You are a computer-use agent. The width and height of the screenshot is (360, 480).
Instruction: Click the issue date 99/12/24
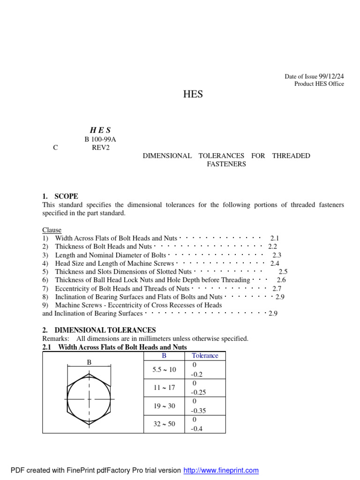coord(332,76)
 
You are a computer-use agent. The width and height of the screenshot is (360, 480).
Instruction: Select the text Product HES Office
coord(319,84)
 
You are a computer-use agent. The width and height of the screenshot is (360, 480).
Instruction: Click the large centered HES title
coord(193,94)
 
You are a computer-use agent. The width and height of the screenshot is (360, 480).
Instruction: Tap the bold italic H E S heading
coord(100,130)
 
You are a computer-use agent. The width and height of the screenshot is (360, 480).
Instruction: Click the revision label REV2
coord(101,147)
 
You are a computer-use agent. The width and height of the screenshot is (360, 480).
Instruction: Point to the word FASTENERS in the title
coord(226,164)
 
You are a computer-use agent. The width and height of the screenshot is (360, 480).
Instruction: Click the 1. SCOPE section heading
coord(60,196)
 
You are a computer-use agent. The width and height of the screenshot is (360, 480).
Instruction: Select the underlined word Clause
coord(52,230)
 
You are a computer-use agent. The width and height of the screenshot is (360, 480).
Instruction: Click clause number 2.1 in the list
coord(275,239)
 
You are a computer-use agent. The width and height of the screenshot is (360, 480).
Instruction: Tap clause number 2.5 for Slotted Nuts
coord(283,271)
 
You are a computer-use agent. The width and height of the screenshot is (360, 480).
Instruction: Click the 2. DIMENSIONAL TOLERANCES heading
coord(99,330)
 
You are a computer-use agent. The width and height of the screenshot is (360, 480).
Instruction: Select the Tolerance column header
coord(205,356)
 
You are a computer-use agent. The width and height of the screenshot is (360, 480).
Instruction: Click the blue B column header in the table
coord(164,356)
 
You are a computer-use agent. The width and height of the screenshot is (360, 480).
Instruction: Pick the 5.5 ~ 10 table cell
coord(164,369)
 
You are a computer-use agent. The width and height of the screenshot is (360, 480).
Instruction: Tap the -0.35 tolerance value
coord(199,411)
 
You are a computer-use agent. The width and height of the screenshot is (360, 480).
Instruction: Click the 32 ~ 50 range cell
coord(164,424)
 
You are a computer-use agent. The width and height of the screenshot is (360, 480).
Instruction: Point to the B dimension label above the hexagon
coord(89,362)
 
